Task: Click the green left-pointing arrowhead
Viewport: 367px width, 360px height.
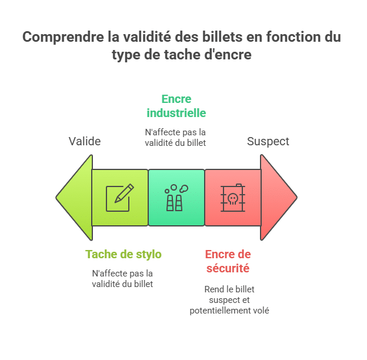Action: [75, 198]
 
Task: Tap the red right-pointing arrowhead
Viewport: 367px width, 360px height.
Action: [278, 198]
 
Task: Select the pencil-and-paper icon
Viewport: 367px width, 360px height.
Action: [119, 198]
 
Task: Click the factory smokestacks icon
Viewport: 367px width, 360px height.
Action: [176, 198]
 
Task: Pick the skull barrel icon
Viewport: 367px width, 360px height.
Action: [232, 198]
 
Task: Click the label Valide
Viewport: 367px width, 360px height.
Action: [85, 141]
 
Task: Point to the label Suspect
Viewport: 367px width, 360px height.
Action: [268, 141]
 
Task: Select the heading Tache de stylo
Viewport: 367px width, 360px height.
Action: [124, 254]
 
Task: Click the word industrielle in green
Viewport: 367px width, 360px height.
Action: [176, 112]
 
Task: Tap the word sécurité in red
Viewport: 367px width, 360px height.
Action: [228, 268]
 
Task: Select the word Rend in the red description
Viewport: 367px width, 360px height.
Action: [213, 289]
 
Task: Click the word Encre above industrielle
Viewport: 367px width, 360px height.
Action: [176, 99]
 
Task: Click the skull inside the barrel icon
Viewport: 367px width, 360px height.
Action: [232, 198]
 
